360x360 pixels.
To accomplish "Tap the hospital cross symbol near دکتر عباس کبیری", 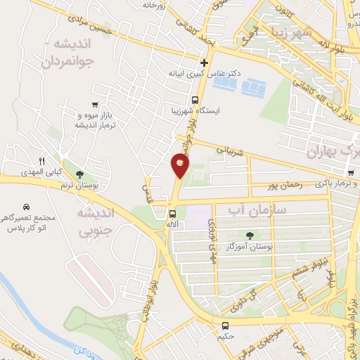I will (x=204, y=63).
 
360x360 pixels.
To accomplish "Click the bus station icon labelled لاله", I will (x=172, y=214).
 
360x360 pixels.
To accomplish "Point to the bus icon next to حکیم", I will (x=226, y=326).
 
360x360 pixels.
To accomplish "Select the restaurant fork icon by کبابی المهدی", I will (x=41, y=162).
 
